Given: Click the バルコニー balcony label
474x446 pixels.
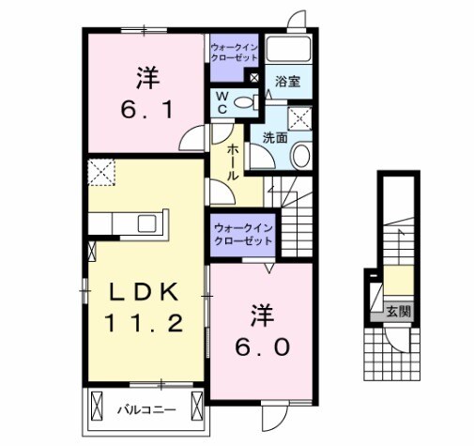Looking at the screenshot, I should [x=145, y=410].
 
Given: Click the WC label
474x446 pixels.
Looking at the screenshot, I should [x=222, y=103].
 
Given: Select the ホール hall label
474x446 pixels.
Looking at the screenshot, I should [x=232, y=164].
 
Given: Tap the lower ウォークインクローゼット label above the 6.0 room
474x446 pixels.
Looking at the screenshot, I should [x=241, y=234].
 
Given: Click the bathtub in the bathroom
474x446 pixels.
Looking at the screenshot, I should [x=291, y=50].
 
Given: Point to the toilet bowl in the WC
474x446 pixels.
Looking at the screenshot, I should [x=246, y=103].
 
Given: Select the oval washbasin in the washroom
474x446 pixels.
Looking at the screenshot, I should [x=301, y=155].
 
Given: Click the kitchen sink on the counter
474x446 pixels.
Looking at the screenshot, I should [x=147, y=223].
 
